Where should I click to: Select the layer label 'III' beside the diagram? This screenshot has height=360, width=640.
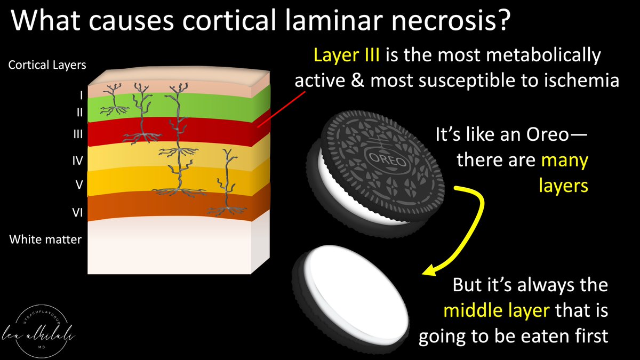(x=78, y=135)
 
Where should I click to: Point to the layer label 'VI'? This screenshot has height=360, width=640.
(x=76, y=212)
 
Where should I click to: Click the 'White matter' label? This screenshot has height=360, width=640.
(x=45, y=239)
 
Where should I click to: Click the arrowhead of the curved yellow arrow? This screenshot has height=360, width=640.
(x=428, y=271)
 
